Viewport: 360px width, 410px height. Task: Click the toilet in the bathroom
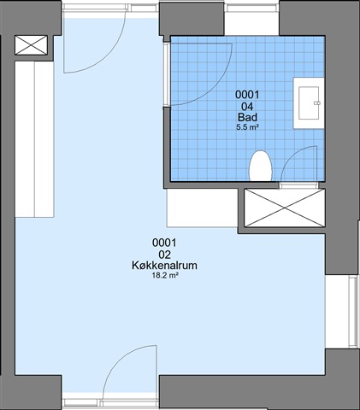pyautogui.click(x=261, y=167)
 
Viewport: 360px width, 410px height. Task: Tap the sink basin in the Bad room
pyautogui.click(x=309, y=103)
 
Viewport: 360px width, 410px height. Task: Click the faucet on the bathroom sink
pyautogui.click(x=316, y=102)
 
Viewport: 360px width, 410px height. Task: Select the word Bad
pyautogui.click(x=247, y=117)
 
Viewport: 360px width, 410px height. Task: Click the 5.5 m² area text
pyautogui.click(x=247, y=127)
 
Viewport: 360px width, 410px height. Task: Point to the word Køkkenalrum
pyautogui.click(x=164, y=266)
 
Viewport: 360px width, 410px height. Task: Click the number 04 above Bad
pyautogui.click(x=247, y=107)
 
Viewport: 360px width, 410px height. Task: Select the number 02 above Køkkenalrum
pyautogui.click(x=165, y=255)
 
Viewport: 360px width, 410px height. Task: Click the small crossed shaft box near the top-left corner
pyautogui.click(x=31, y=45)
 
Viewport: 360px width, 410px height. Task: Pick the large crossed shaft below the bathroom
pyautogui.click(x=285, y=208)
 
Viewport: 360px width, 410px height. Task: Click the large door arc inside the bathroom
pyautogui.click(x=216, y=85)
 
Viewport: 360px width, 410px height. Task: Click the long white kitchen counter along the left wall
pyautogui.click(x=34, y=139)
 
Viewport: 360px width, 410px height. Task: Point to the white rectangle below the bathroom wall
pyautogui.click(x=202, y=208)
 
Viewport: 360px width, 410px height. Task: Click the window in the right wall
pyautogui.click(x=353, y=311)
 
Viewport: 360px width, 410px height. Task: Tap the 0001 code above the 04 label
pyautogui.click(x=247, y=95)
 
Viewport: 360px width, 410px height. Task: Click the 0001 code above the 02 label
pyautogui.click(x=164, y=243)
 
